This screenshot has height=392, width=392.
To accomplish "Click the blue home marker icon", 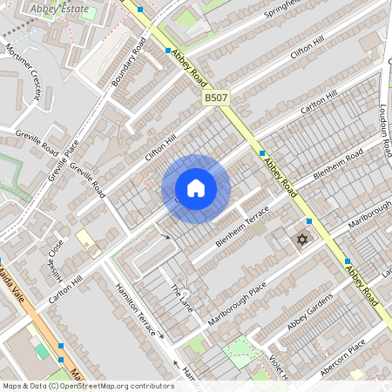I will tap(196, 188).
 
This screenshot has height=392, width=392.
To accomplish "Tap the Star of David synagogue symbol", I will tap(303, 240).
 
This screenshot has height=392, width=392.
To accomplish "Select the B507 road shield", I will tap(216, 98).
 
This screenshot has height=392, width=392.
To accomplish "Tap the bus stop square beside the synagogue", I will tap(309, 222).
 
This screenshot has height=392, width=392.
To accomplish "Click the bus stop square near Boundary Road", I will tap(168, 51).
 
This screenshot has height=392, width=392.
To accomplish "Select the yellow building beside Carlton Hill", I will tap(88, 240).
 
